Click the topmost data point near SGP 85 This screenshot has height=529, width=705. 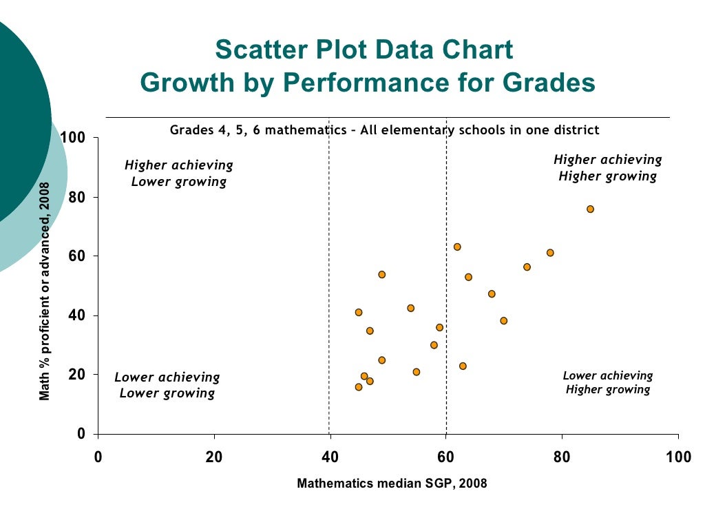click(590, 209)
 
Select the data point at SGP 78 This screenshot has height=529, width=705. click(550, 253)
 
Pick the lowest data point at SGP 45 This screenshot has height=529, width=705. click(359, 387)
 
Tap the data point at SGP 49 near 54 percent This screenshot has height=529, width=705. click(382, 274)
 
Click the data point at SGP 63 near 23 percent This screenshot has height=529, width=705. click(463, 366)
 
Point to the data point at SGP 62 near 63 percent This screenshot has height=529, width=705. click(457, 247)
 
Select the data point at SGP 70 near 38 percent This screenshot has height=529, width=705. click(504, 320)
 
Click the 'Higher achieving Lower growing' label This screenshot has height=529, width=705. click(179, 174)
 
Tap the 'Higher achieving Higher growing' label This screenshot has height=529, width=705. click(608, 168)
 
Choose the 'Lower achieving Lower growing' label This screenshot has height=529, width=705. click(167, 386)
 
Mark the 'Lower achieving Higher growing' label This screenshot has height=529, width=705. click(608, 382)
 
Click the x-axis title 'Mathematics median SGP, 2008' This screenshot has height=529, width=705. click(392, 484)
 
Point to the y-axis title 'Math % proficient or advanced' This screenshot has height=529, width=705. click(45, 291)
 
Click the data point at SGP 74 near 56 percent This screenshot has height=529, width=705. click(527, 267)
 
